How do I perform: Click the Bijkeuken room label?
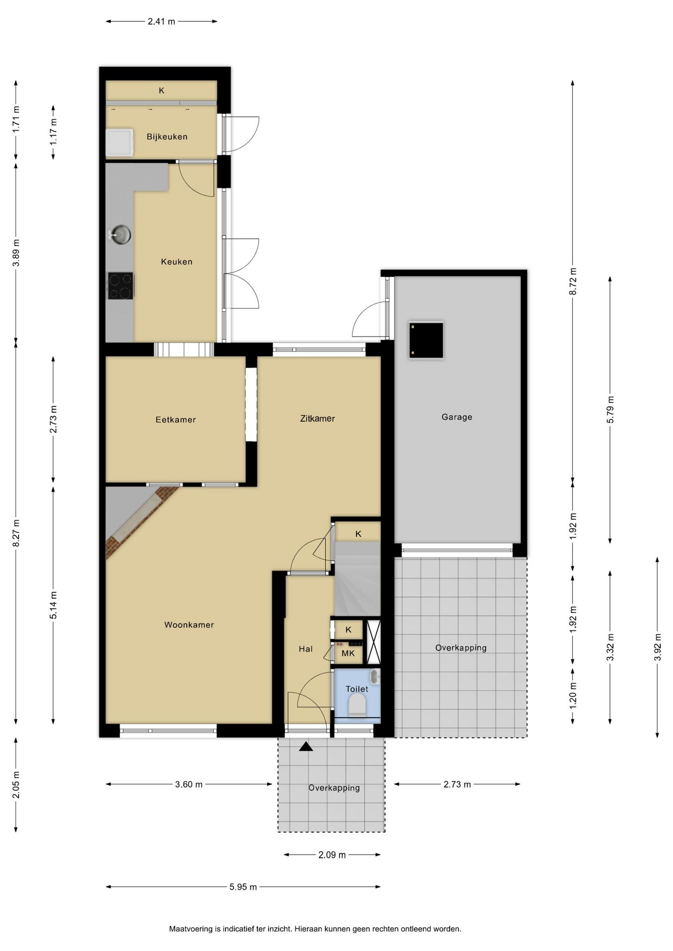(x=167, y=137)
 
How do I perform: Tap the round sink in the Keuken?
(x=120, y=234)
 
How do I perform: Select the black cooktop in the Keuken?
(x=121, y=286)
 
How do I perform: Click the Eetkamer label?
(x=175, y=420)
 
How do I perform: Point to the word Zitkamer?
(x=317, y=419)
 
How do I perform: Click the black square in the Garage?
(x=426, y=340)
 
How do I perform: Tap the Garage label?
(x=457, y=417)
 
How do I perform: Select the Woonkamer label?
(x=189, y=625)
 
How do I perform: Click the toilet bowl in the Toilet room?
(x=357, y=704)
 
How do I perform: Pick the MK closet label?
(x=348, y=653)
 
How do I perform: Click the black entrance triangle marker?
(x=306, y=746)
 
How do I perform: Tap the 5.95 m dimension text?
(x=243, y=887)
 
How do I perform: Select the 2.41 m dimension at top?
(x=162, y=21)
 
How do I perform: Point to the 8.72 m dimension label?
(x=573, y=281)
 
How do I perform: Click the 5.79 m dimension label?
(x=610, y=409)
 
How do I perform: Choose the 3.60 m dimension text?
(x=189, y=784)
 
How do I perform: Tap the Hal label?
(x=306, y=649)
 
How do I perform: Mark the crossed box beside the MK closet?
(x=373, y=642)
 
